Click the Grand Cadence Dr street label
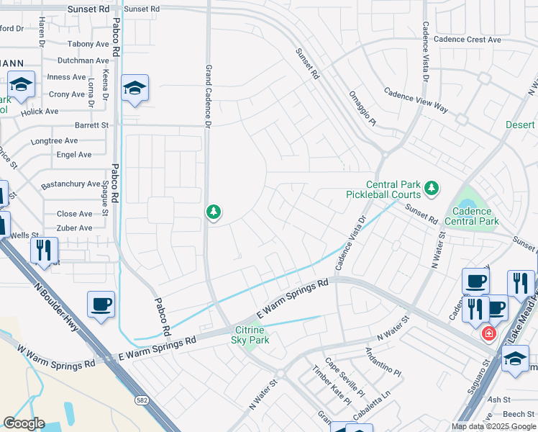pos(208,96)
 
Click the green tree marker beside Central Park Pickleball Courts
pos(431,189)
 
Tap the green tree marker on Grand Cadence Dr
pos(213,212)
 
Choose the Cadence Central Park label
pos(473,217)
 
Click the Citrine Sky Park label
pos(250,335)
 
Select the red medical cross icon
pos(488,333)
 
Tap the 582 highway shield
pos(142,399)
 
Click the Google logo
pos(24,423)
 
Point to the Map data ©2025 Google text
pos(493,426)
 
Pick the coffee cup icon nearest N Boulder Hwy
pos(101,303)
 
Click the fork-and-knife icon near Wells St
pos(44,250)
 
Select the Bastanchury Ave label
pos(70,184)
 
